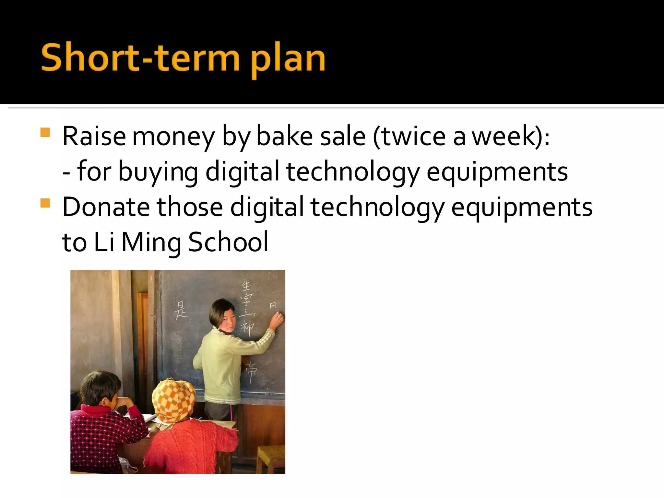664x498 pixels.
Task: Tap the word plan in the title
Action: tap(288, 60)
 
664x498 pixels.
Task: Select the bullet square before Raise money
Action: tap(45, 132)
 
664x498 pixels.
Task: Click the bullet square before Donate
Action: tap(45, 203)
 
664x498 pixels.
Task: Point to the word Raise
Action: tap(94, 136)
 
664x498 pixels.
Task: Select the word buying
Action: tap(158, 172)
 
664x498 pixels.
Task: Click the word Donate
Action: tap(106, 207)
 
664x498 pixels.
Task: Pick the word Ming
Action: tap(151, 243)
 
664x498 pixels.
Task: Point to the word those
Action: tap(190, 207)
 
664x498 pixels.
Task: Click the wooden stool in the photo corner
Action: tap(271, 459)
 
